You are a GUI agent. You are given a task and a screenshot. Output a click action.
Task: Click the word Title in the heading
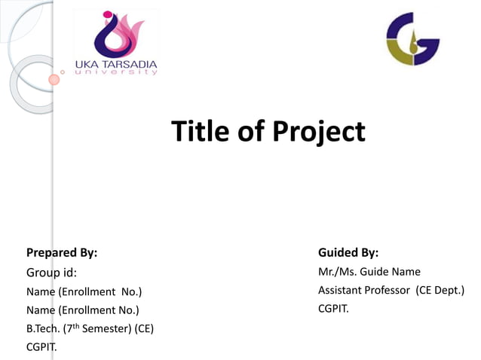click(199, 132)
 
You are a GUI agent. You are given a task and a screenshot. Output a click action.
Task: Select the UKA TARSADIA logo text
click(117, 63)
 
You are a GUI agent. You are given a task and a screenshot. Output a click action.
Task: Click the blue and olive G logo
click(412, 40)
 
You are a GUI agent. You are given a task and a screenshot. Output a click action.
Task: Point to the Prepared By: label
click(62, 252)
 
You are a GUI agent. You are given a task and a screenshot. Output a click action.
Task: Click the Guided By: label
click(348, 252)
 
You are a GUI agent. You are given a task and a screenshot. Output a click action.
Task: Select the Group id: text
click(51, 272)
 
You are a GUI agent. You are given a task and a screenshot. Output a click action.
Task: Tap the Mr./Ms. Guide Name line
click(369, 271)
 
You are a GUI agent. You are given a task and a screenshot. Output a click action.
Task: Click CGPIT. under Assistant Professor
click(334, 308)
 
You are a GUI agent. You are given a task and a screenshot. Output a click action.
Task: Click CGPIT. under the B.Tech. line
click(42, 347)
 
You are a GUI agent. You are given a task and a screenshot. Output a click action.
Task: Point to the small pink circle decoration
click(54, 78)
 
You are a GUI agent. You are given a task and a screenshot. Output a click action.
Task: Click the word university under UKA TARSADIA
click(121, 72)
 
